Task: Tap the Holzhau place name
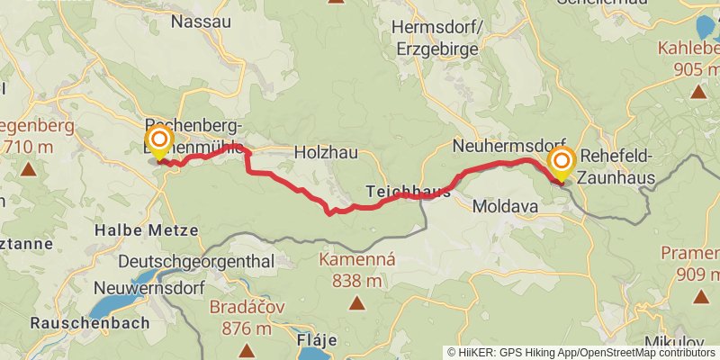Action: tap(326, 154)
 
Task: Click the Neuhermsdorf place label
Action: tap(509, 146)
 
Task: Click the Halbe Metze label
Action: tap(146, 230)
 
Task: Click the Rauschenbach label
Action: tap(76, 322)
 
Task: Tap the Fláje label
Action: tap(317, 340)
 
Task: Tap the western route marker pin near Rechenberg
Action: tap(160, 142)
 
